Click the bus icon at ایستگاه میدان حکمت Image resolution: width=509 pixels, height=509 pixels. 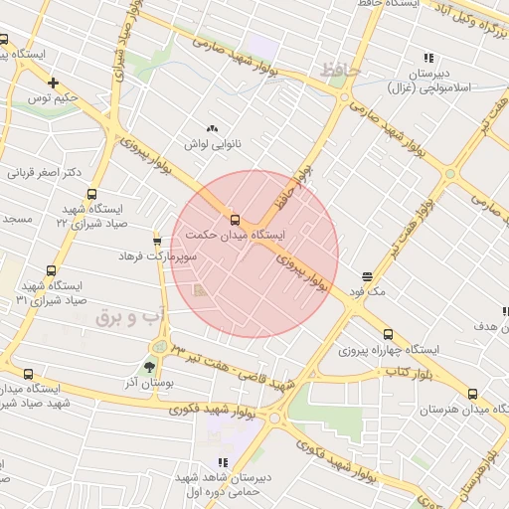pyautogui.click(x=235, y=219)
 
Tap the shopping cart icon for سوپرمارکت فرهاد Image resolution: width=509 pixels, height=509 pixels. pyautogui.click(x=157, y=241)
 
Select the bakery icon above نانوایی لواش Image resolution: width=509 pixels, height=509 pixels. pyautogui.click(x=211, y=128)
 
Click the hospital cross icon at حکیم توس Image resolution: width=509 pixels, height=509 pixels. pyautogui.click(x=53, y=83)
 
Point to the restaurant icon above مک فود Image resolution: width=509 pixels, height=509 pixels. pyautogui.click(x=368, y=274)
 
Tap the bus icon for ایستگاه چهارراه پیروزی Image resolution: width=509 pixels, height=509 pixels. pyautogui.click(x=388, y=335)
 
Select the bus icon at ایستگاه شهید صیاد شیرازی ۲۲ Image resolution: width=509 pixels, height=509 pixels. pyautogui.click(x=92, y=195)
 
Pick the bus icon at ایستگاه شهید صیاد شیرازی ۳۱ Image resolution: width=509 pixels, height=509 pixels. pyautogui.click(x=51, y=270)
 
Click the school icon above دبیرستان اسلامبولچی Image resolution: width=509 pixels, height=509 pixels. pyautogui.click(x=428, y=59)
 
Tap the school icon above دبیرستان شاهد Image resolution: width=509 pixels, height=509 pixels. pyautogui.click(x=223, y=462)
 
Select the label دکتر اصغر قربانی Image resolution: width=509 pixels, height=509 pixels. pyautogui.click(x=45, y=172)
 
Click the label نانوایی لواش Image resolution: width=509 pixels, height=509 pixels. pyautogui.click(x=210, y=144)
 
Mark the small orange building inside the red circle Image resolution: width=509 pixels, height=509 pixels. pyautogui.click(x=201, y=291)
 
